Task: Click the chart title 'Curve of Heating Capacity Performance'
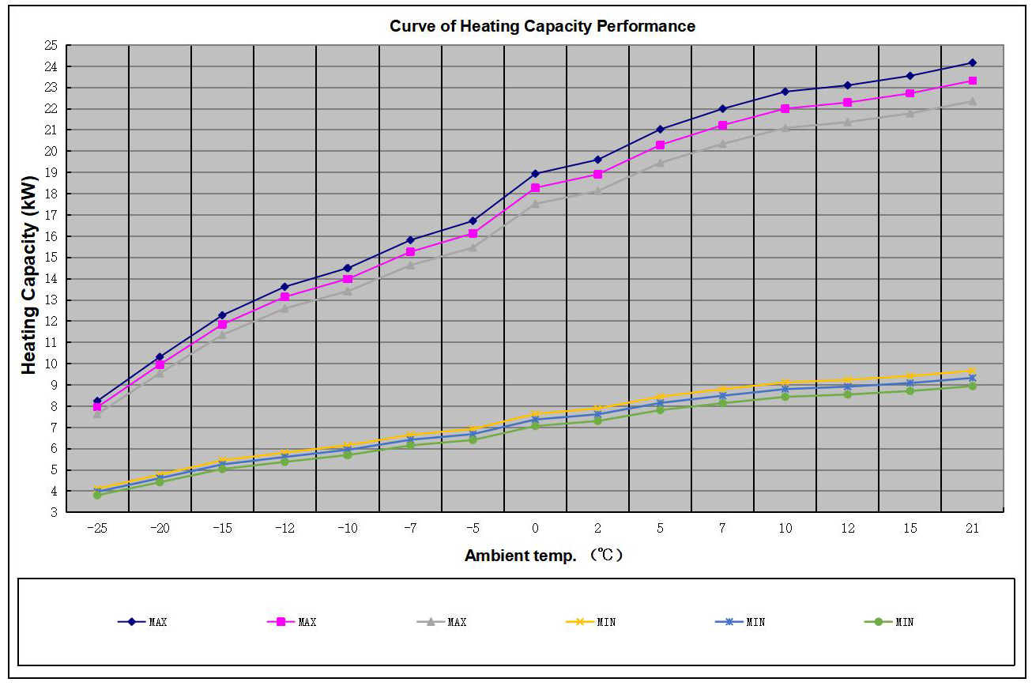[542, 26]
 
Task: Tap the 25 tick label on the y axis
[51, 46]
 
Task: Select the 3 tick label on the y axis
[54, 512]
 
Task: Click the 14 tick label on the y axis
[51, 279]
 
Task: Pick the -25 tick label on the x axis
[97, 529]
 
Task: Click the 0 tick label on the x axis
[535, 529]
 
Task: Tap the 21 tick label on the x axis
[972, 529]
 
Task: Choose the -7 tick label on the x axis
[410, 529]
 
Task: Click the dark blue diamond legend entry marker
[132, 622]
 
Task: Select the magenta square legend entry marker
[281, 622]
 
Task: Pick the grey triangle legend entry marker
[431, 622]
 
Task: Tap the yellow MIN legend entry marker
[580, 622]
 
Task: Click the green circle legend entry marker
[878, 622]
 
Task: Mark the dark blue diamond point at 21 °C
[972, 62]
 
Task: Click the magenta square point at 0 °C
[535, 188]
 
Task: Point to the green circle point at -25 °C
[97, 495]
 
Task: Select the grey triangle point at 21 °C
[972, 101]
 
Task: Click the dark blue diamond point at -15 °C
[222, 315]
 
